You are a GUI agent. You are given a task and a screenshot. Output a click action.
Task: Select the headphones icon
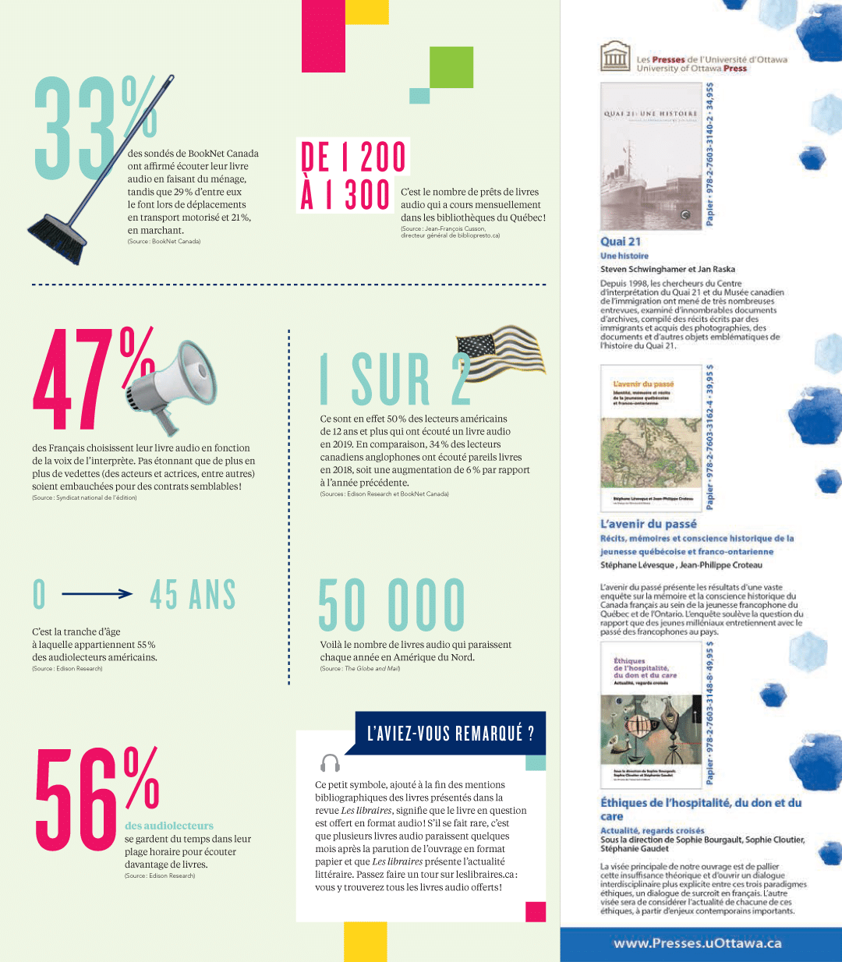point(331,762)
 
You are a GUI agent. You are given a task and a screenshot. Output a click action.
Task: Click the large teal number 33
point(76,129)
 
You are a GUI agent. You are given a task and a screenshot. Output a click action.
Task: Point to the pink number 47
point(74,380)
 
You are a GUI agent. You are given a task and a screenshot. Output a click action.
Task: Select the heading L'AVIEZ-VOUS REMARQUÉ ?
point(451,733)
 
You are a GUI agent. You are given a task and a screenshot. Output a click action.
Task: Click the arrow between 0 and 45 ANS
point(97,594)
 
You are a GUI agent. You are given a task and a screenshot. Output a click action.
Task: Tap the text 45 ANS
point(193,595)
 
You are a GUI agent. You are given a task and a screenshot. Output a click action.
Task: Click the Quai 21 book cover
point(652,157)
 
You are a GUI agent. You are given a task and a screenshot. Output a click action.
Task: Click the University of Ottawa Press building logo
point(615,57)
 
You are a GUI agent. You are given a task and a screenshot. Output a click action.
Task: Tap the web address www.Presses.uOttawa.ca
point(697,943)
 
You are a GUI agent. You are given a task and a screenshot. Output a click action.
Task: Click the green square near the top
point(451,67)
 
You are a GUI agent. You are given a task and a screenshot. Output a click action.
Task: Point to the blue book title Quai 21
point(621,242)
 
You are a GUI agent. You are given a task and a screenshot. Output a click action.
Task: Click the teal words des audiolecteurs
point(169,826)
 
